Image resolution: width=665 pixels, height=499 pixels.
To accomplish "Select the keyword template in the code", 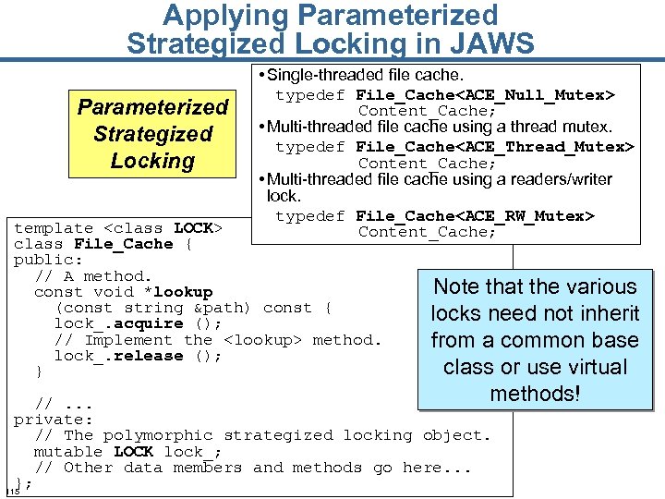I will (54, 228).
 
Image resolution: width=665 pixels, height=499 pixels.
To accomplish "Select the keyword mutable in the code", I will (68, 452).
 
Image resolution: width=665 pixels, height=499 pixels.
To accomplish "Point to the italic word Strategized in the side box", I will (152, 134).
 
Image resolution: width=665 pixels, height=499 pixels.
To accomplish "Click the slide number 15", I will (12, 490).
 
